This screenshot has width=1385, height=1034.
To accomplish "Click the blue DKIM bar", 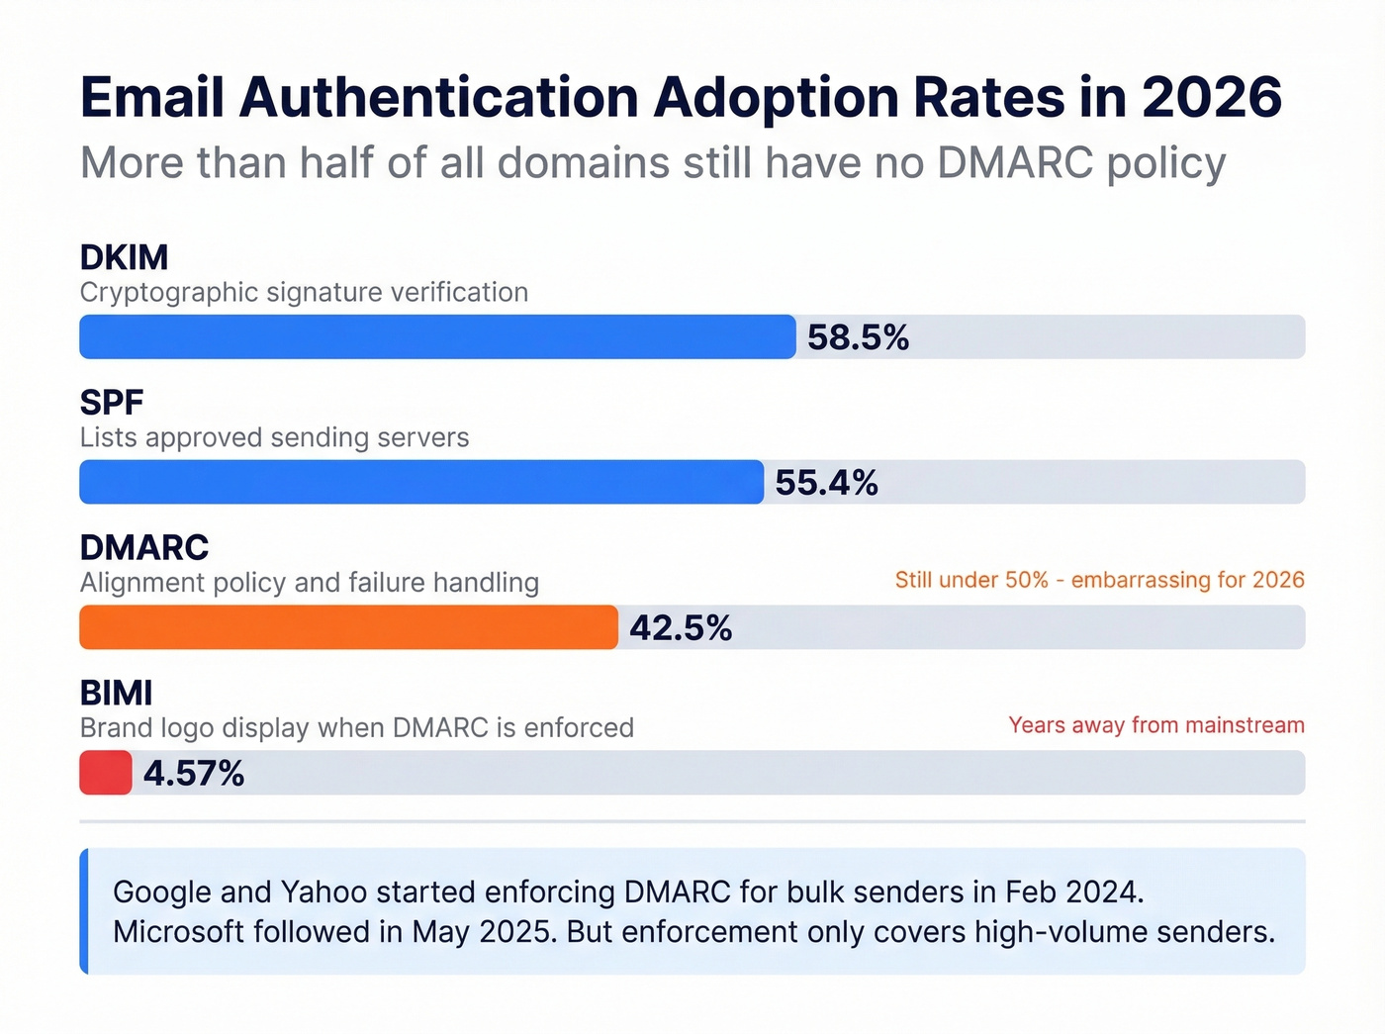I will pos(437,336).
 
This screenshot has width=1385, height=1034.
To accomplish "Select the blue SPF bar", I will pos(421,482).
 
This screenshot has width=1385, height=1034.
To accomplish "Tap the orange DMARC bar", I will pos(348,627).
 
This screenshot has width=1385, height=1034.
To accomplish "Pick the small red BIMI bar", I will pos(106,773).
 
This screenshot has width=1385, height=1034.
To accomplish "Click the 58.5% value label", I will pos(858,337).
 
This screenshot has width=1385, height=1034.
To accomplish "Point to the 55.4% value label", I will pos(826,483).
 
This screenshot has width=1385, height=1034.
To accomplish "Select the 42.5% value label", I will pos(681,628).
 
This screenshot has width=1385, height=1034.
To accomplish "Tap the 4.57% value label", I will pos(194,774).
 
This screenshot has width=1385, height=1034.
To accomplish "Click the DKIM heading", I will pos(124,257).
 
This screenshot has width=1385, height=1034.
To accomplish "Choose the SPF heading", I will pos(112,403).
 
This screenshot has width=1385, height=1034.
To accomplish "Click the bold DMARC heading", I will pos(144,548).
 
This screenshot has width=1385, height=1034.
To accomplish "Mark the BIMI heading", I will pos(116,694).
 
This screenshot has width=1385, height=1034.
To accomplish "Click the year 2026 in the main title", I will pos(1211,97).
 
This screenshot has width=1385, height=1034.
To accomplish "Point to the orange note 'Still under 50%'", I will pos(1099,580).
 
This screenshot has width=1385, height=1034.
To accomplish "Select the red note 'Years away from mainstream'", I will pos(1155,725).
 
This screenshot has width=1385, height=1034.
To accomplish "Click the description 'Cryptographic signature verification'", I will pos(304,293).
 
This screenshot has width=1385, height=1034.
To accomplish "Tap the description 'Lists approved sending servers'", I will pos(274,437).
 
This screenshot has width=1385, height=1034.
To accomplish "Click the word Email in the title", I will pos(152,97).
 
